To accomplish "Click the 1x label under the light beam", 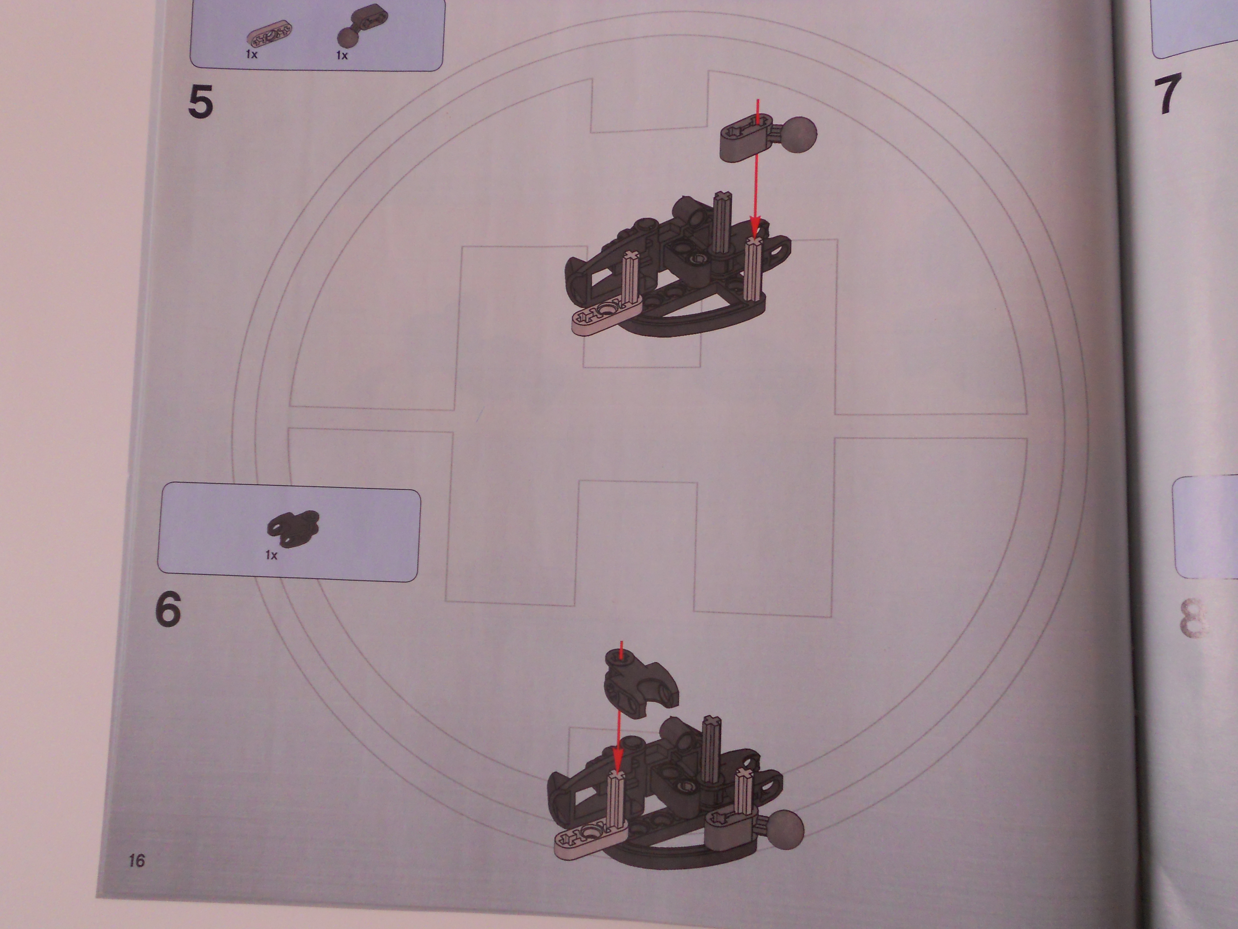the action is (x=251, y=54).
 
